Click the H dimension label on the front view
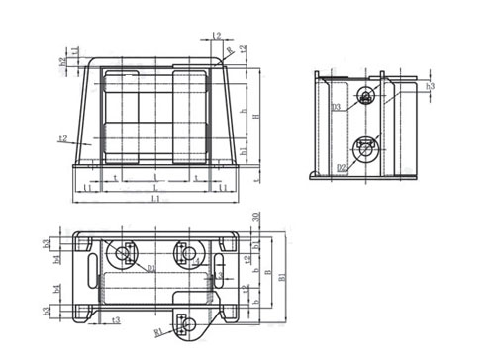point(256,118)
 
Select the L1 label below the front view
point(155,200)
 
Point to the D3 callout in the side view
point(337,106)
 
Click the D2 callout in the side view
point(340,168)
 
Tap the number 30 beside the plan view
point(255,218)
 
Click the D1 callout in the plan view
point(151,267)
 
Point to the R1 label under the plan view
point(158,331)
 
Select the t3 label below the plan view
point(116,321)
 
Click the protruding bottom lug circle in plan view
point(188,322)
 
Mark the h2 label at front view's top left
point(62,61)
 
